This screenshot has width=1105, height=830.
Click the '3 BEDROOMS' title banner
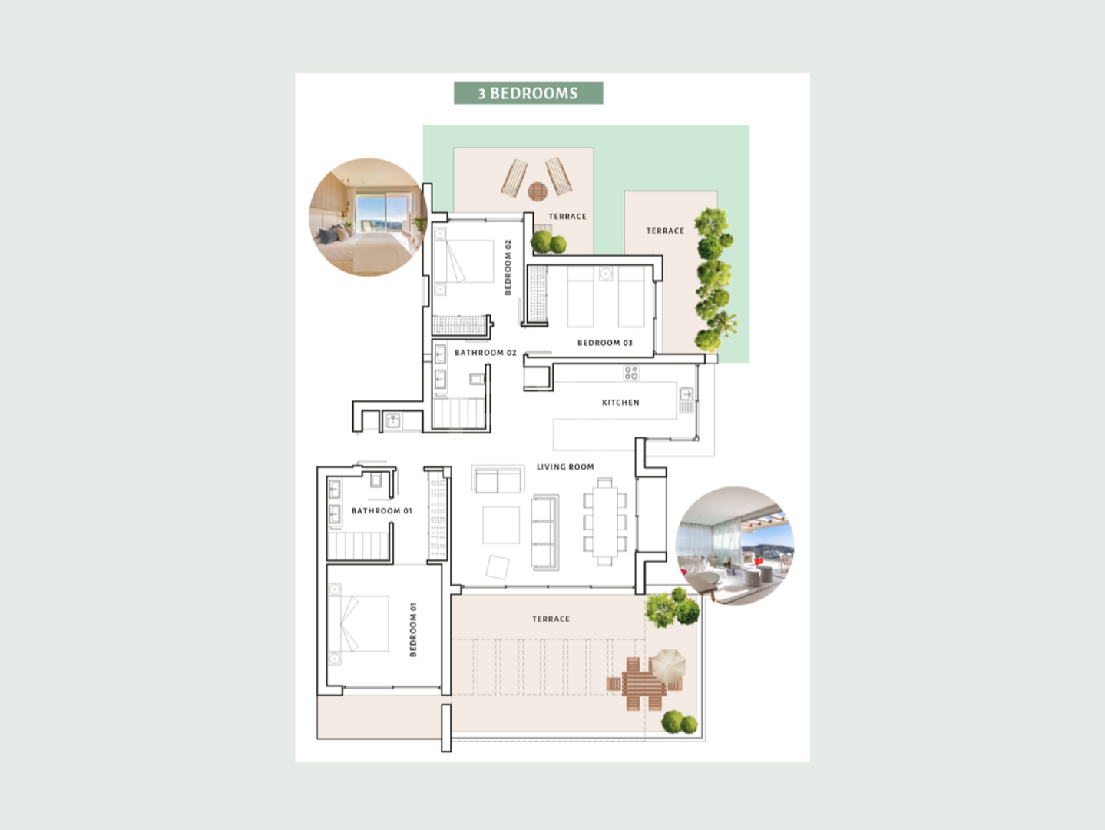coord(528,93)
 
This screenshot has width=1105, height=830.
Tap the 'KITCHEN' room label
coord(620,403)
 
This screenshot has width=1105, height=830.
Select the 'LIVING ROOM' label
coord(565,467)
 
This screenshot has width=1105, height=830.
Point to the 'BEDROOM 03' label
coord(604,343)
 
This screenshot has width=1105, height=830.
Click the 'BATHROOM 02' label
coord(485,353)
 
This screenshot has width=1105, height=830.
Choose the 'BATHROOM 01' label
coord(382,511)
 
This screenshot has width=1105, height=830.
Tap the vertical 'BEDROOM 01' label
coord(413,629)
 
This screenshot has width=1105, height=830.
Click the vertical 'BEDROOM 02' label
coord(508,267)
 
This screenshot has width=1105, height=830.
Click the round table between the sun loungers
coord(538,191)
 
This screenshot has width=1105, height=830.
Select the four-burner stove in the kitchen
coord(631,373)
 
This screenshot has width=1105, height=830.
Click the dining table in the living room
coord(604,523)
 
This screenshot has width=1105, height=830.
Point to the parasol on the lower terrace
coord(667,666)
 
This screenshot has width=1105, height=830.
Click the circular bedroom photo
coord(368,217)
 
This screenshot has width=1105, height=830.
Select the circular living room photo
coord(734,546)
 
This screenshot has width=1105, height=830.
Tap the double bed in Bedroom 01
coord(359,623)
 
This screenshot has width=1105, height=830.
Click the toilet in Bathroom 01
coord(376,480)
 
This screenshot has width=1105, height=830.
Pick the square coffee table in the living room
coord(501,525)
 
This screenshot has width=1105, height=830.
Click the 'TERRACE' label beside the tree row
coord(665,231)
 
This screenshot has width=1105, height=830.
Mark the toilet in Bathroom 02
coord(477,379)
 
